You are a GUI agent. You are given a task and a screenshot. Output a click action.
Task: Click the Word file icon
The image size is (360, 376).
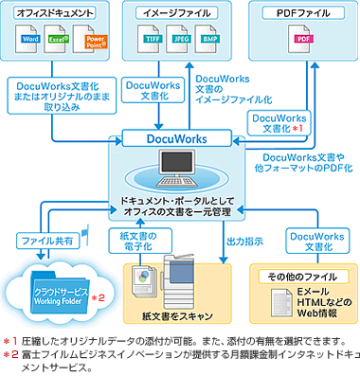[x=31, y=43]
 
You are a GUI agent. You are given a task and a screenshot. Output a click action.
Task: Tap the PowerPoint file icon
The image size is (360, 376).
[x=94, y=43]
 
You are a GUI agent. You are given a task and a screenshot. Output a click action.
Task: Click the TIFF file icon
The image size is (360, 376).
[x=150, y=43]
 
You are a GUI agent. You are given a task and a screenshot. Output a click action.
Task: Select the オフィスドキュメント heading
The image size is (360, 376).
[x=57, y=13]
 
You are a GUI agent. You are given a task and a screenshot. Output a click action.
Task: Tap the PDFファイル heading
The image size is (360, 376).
[x=301, y=13]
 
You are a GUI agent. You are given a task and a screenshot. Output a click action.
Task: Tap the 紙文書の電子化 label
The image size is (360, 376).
[x=141, y=239]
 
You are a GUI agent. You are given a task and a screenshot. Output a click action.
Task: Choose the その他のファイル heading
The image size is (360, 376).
[x=300, y=275]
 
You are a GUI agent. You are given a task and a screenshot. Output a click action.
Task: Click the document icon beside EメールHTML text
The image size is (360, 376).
[x=277, y=300]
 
